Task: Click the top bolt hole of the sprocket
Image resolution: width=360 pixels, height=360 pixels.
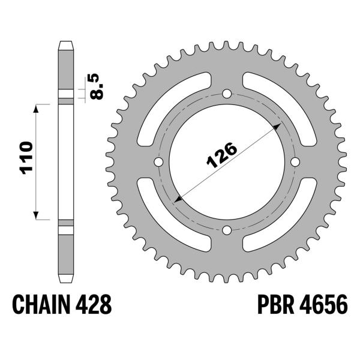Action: [227, 94]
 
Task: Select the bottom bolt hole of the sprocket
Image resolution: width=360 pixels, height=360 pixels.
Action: [227, 230]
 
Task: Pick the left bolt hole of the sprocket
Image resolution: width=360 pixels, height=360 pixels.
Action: [159, 163]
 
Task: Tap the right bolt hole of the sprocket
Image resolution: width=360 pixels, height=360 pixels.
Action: [295, 163]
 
